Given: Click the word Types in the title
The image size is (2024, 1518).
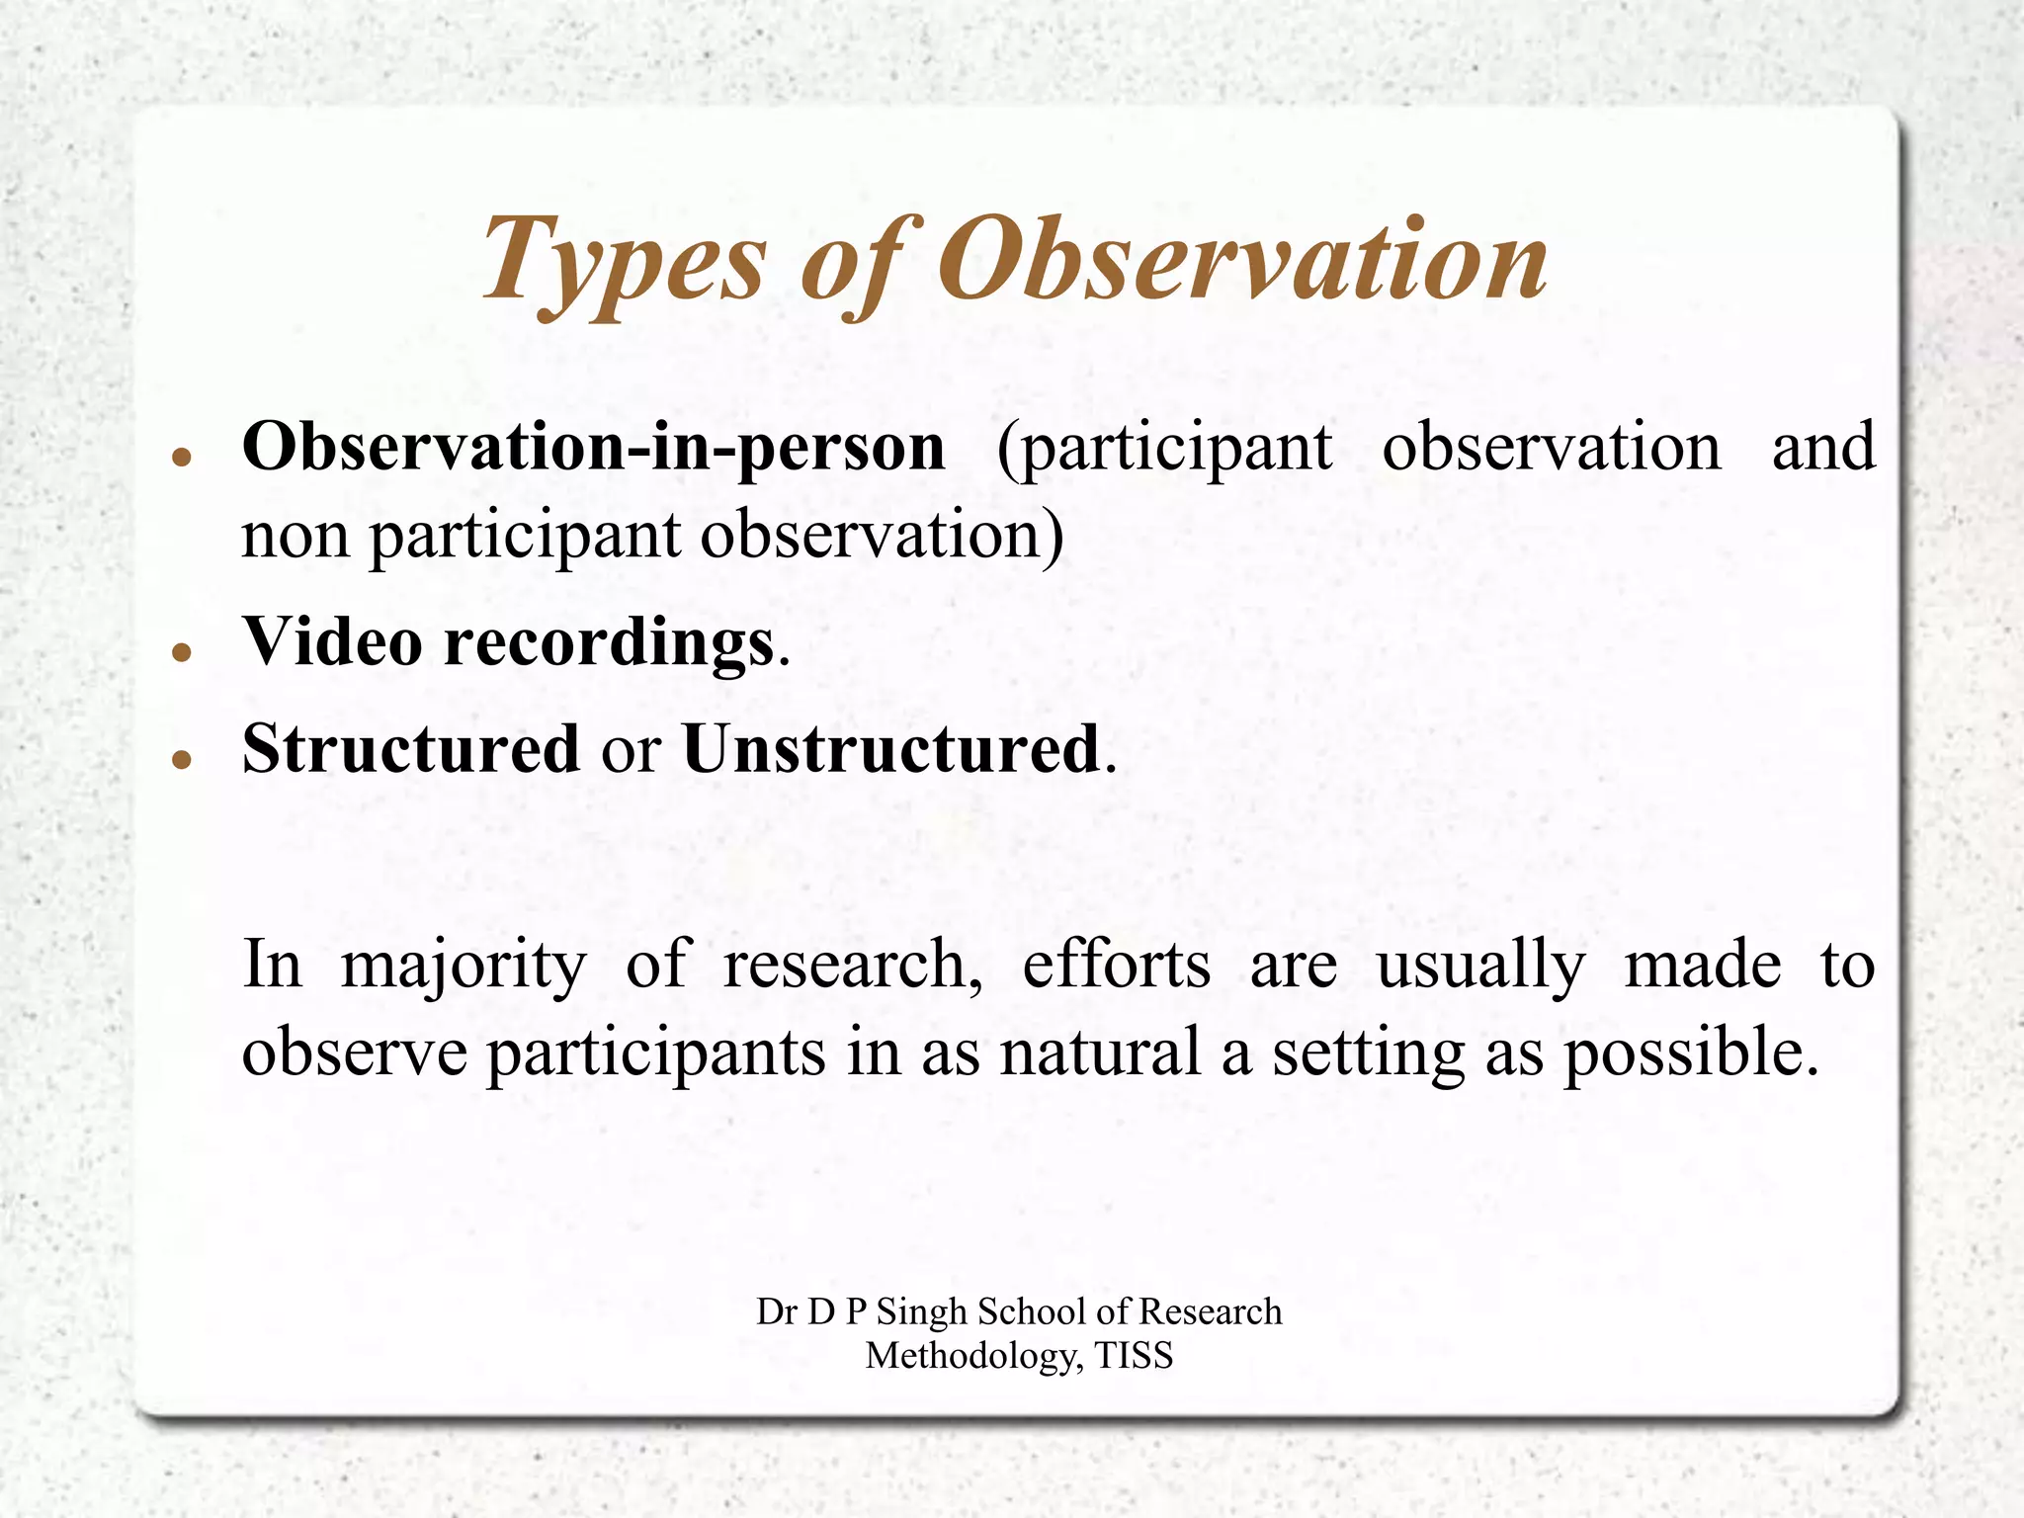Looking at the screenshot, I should pyautogui.click(x=623, y=262).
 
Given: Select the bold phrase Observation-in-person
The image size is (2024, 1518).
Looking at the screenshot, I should pyautogui.click(x=593, y=448).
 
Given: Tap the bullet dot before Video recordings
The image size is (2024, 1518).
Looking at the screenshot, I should pyautogui.click(x=181, y=651).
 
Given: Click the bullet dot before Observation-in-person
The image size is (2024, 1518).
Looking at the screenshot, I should pyautogui.click(x=181, y=457).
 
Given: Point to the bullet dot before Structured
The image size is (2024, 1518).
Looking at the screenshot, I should pyautogui.click(x=181, y=759).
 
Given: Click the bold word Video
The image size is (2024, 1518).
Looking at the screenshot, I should pyautogui.click(x=333, y=642).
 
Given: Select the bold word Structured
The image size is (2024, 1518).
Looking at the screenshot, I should pyautogui.click(x=410, y=749).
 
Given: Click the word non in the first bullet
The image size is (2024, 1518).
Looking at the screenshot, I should pyautogui.click(x=295, y=537).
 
